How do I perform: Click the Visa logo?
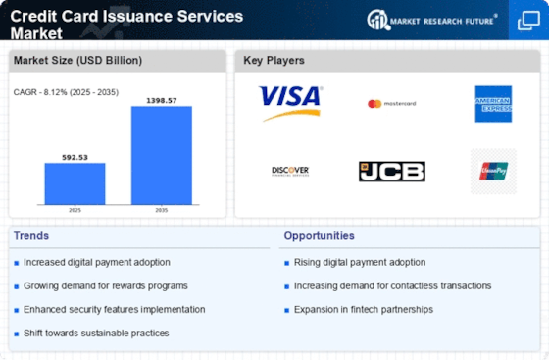(290, 103)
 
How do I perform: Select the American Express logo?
(493, 104)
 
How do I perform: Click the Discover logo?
(290, 171)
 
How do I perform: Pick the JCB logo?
(391, 171)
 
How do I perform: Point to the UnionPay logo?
(493, 171)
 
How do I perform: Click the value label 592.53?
(75, 156)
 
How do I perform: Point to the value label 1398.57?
(162, 99)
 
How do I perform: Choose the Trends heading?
(31, 236)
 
